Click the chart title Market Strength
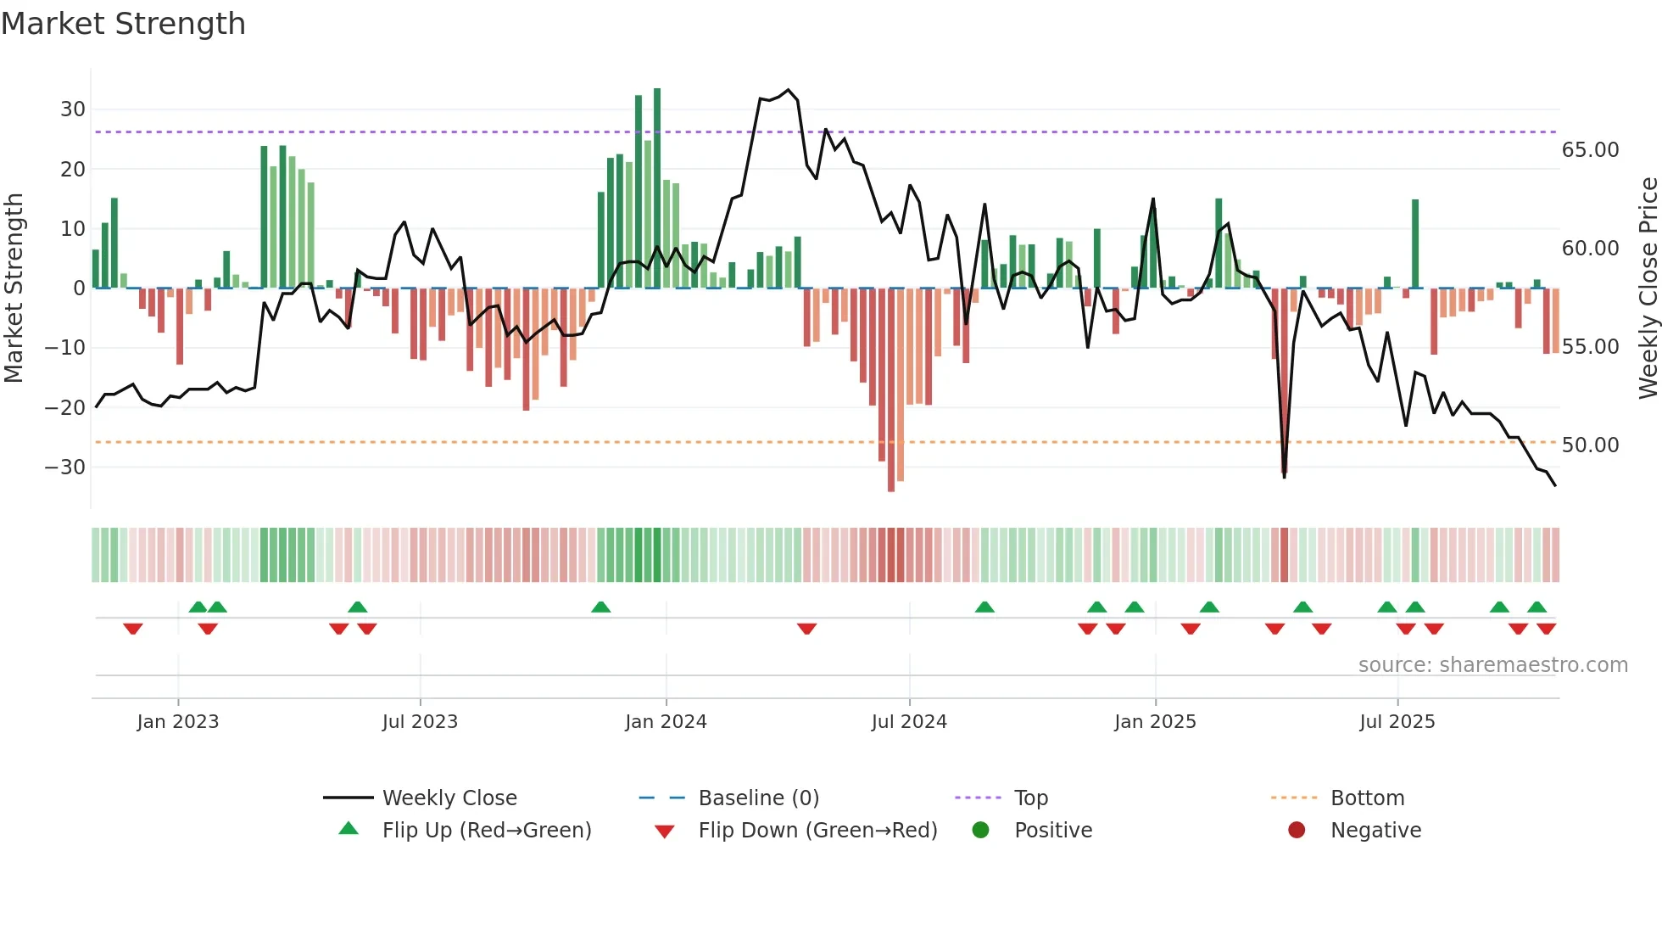[123, 24]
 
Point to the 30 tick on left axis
[73, 109]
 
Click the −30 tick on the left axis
[65, 467]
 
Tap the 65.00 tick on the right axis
[1590, 150]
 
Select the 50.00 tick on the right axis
[1590, 445]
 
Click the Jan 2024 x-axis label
[666, 722]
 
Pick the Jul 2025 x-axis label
[1397, 722]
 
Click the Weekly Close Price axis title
[1648, 288]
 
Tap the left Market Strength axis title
[14, 288]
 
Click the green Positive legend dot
[980, 831]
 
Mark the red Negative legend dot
[1297, 831]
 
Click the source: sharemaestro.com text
[1492, 665]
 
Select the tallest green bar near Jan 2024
[657, 187]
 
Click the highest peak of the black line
[789, 90]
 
